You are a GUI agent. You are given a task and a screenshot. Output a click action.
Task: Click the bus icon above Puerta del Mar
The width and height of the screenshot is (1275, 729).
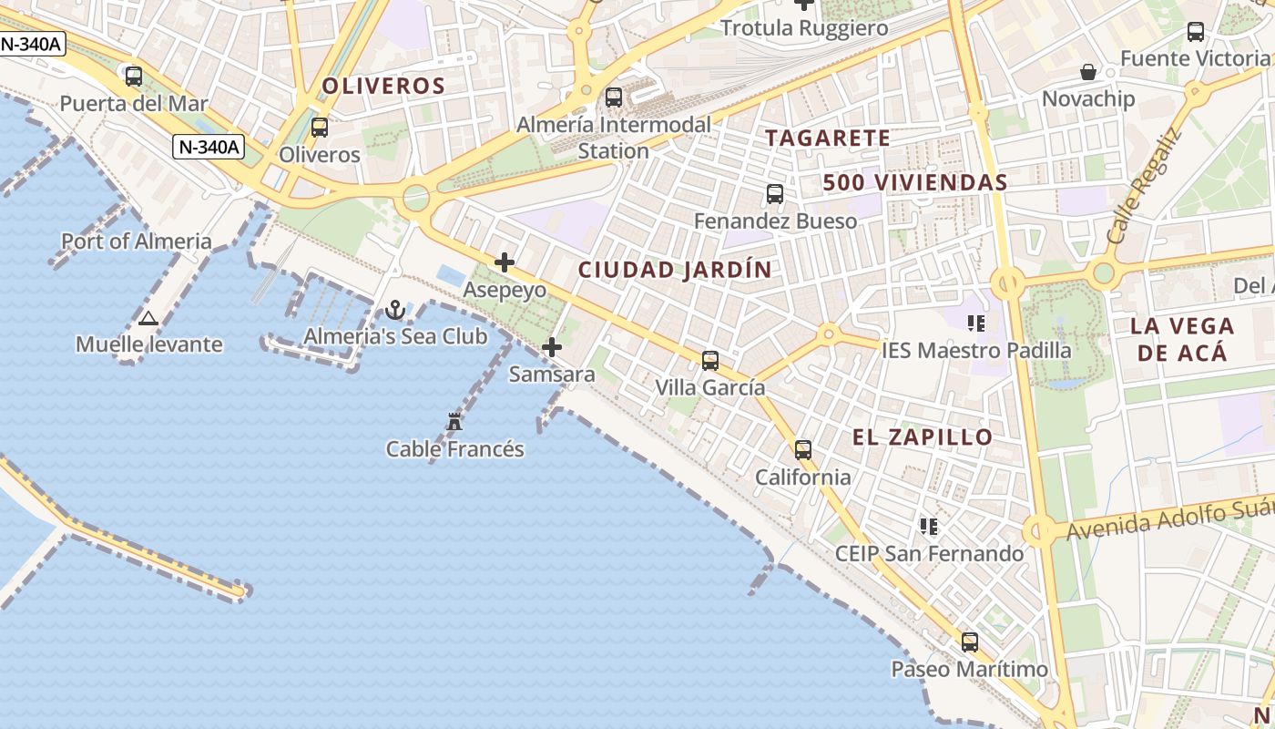pos(134,77)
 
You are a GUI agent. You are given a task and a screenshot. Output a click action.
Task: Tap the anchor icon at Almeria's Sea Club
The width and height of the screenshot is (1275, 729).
pos(394,310)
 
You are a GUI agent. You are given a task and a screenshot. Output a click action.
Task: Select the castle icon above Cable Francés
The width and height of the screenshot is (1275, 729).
pos(454,422)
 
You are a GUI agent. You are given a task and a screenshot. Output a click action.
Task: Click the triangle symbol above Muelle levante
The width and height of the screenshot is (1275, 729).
pos(148,318)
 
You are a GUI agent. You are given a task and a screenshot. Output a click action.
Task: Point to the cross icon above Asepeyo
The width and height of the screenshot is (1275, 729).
pos(505,263)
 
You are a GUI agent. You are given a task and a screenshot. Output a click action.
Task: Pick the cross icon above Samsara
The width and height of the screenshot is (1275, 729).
pos(552,347)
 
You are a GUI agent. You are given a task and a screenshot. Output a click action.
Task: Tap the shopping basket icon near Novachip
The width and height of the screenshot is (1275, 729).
pos(1087,72)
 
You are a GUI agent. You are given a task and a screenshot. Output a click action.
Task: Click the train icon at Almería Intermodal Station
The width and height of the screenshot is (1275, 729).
pos(614,98)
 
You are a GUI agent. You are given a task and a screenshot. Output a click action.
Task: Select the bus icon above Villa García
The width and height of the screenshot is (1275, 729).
pos(710,361)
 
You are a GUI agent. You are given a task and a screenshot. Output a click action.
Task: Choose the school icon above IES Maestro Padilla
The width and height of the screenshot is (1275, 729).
pos(976,323)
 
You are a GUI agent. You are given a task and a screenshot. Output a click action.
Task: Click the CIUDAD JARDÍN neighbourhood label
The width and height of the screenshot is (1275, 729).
pos(675,270)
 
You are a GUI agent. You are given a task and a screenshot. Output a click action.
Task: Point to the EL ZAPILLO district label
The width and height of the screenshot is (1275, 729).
pos(923,437)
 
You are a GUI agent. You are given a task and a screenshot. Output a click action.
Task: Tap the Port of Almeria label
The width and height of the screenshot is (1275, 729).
pos(137,241)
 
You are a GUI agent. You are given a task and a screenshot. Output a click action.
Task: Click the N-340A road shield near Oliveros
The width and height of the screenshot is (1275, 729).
pos(209,146)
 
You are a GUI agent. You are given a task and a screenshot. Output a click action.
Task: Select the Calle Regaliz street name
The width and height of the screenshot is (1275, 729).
pos(1144,187)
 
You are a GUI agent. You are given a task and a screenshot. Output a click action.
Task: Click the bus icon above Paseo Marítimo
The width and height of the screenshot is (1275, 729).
pos(970,642)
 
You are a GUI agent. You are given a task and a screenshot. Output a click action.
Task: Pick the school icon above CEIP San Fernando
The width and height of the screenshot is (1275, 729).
pos(929,527)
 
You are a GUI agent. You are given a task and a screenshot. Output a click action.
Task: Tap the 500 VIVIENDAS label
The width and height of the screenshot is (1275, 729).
pos(915,182)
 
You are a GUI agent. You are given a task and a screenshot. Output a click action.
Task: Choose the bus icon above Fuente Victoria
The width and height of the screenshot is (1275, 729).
pos(1196,32)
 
